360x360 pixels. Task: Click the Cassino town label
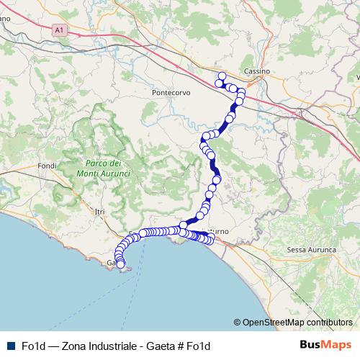(256, 71)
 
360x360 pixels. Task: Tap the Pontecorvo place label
(171, 93)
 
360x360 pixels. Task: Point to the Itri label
(99, 210)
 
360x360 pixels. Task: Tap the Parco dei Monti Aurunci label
(102, 168)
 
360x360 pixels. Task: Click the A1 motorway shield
(58, 31)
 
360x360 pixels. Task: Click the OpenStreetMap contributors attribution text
(297, 323)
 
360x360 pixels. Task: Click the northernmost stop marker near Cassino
(222, 76)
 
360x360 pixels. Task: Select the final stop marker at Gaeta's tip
(121, 266)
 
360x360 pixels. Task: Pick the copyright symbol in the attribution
(238, 323)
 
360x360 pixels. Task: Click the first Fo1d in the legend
(33, 346)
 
